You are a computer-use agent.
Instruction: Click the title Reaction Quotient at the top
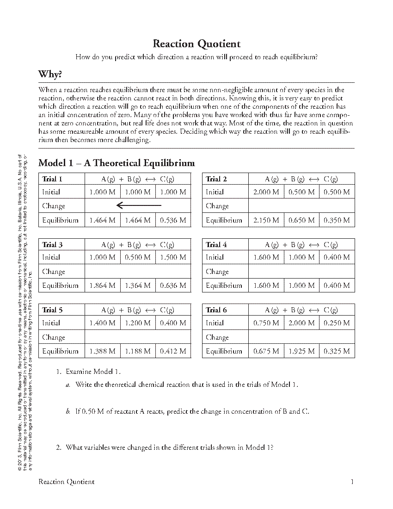(x=196, y=44)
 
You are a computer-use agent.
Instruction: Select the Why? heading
(x=50, y=74)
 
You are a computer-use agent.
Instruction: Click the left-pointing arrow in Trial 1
(x=139, y=205)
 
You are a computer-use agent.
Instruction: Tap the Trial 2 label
(x=216, y=179)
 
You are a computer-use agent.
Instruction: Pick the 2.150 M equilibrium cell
(x=266, y=220)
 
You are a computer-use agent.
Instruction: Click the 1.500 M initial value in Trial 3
(x=173, y=257)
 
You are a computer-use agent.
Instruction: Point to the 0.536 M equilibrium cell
(x=173, y=220)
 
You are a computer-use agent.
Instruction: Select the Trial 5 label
(x=52, y=310)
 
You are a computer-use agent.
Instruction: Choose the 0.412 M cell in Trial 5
(x=173, y=351)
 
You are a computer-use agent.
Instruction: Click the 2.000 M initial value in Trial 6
(x=301, y=323)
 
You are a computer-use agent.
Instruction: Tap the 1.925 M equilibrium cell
(x=301, y=351)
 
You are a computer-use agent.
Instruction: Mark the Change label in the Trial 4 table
(x=217, y=272)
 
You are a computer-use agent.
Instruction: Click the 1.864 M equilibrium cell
(x=102, y=286)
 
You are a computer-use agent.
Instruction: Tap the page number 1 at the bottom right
(x=352, y=482)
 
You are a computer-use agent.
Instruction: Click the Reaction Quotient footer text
(x=67, y=482)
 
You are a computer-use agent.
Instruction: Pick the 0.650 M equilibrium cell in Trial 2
(x=301, y=220)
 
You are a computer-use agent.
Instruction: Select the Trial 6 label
(x=216, y=310)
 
